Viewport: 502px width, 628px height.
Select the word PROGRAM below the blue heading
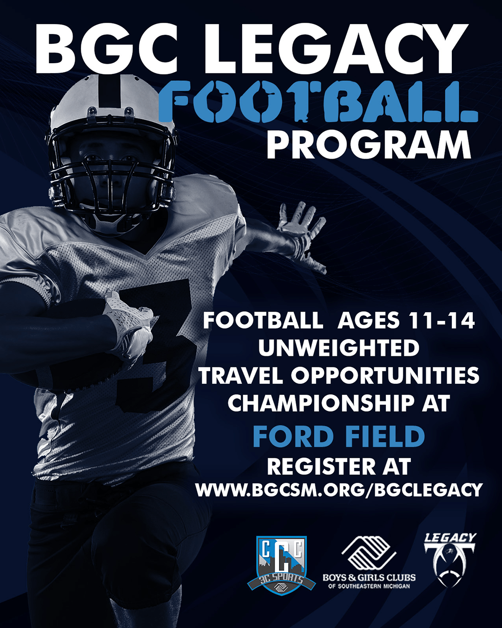(x=369, y=144)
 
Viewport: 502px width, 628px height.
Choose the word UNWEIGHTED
(x=339, y=347)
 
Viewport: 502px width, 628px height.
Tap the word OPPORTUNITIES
(x=385, y=375)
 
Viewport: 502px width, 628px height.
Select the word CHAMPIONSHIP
(x=320, y=403)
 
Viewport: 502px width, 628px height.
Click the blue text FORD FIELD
(x=339, y=436)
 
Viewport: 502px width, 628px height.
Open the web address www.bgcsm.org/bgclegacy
(x=339, y=490)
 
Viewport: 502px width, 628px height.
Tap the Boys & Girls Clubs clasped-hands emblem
(x=369, y=553)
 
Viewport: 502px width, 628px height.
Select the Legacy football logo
(x=449, y=560)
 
